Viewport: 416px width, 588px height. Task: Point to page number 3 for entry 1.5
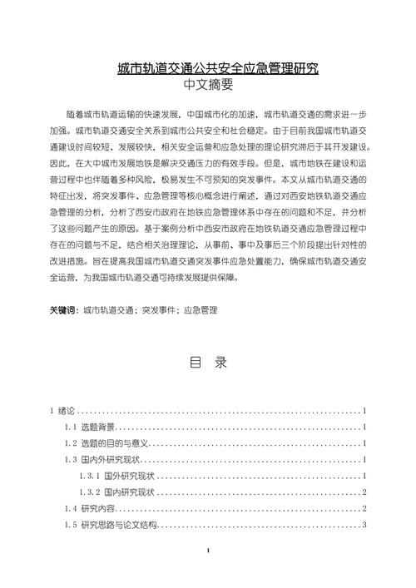tap(365, 525)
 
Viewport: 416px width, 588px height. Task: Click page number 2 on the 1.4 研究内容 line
tap(365, 508)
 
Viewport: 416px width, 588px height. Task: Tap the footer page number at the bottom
tap(208, 575)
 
